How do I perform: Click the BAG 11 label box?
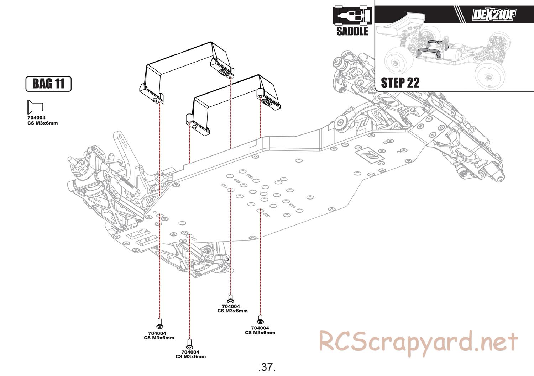(48, 84)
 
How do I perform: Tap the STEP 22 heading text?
(400, 83)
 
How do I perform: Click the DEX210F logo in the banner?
(493, 15)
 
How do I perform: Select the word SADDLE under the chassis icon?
(352, 31)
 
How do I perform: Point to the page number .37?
(267, 366)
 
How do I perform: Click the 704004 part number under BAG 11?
(36, 118)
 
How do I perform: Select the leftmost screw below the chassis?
(160, 324)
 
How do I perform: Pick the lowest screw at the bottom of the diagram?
(190, 344)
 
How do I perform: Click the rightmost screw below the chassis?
(260, 320)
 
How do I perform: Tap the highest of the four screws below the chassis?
(230, 299)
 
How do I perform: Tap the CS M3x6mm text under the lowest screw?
(190, 356)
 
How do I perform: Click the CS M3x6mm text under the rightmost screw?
(260, 333)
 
